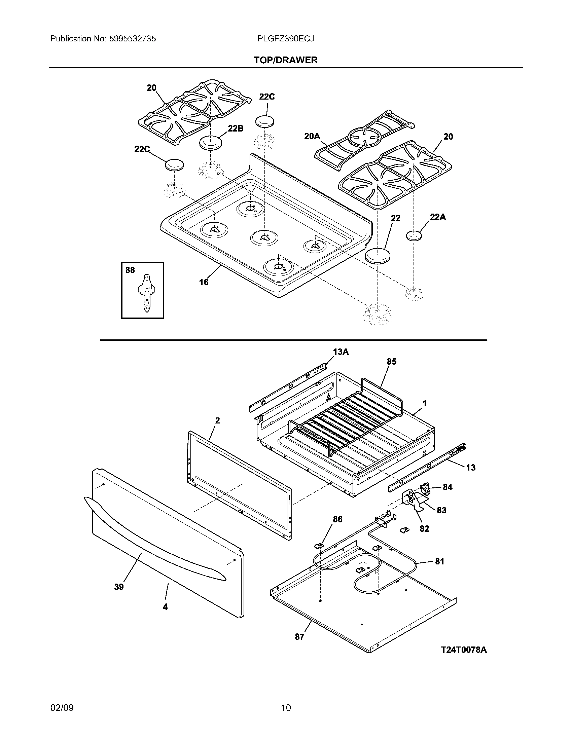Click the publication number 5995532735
[x=132, y=39]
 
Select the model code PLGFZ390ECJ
[x=285, y=39]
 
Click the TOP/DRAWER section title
[x=286, y=60]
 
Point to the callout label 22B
[x=235, y=128]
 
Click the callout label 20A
[x=312, y=136]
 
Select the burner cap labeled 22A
[x=414, y=236]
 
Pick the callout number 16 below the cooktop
[x=204, y=282]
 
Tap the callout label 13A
[x=341, y=352]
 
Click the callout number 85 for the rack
[x=391, y=362]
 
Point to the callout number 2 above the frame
[x=218, y=420]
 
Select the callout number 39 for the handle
[x=118, y=587]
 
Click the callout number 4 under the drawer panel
[x=165, y=607]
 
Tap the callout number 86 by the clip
[x=337, y=519]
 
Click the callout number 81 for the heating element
[x=439, y=561]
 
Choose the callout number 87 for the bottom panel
[x=299, y=637]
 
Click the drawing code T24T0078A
[x=464, y=650]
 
